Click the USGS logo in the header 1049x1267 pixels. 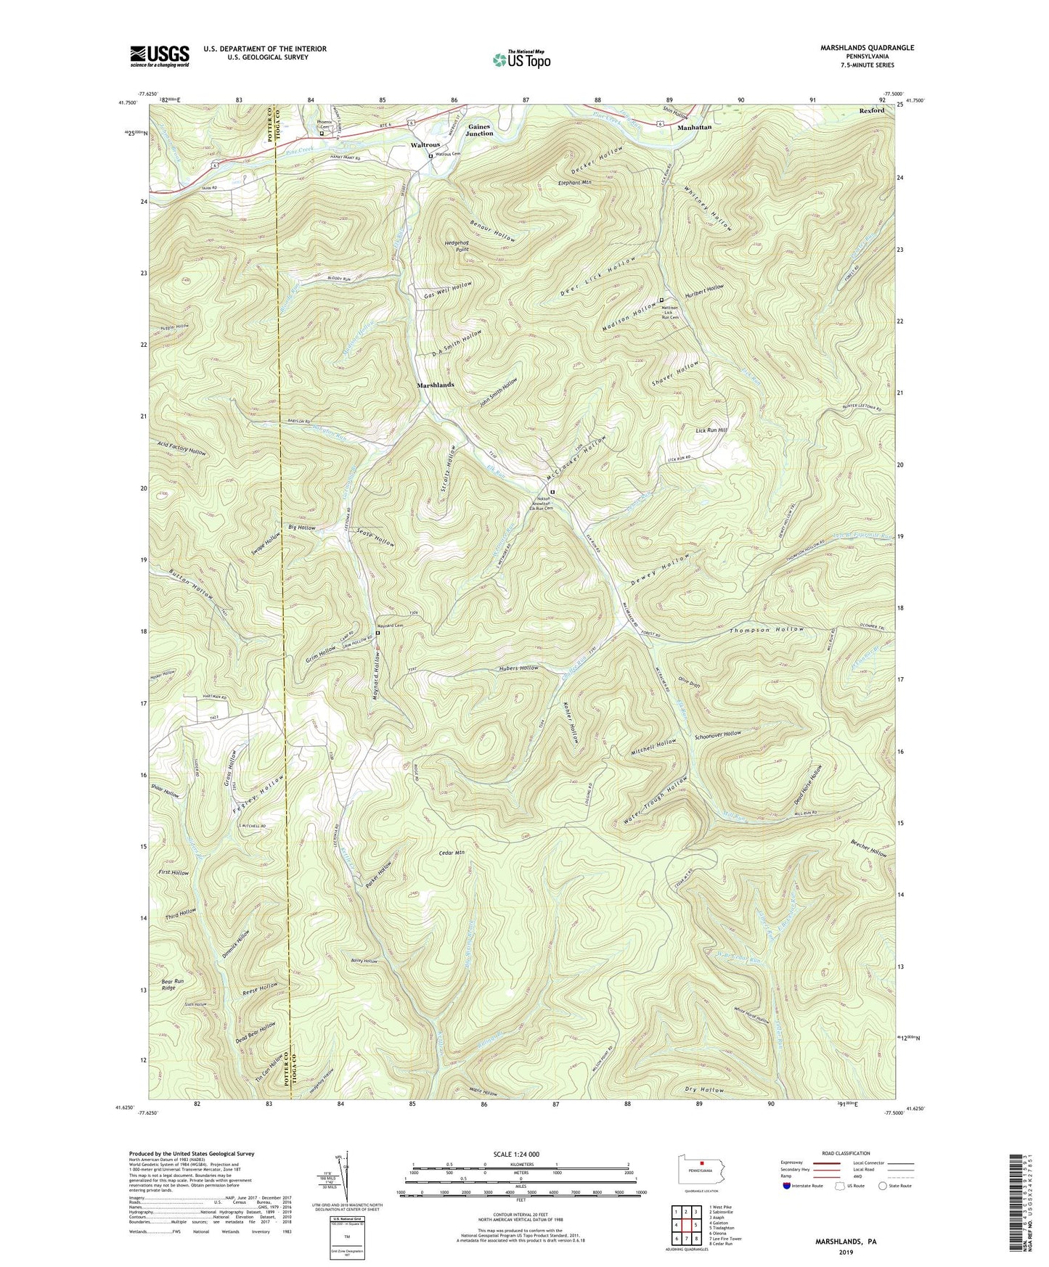pyautogui.click(x=160, y=55)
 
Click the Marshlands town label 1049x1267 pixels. pyautogui.click(x=435, y=385)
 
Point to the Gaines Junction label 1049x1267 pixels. pyautogui.click(x=479, y=130)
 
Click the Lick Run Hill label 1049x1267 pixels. pyautogui.click(x=711, y=430)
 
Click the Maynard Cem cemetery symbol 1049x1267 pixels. pyautogui.click(x=377, y=632)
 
